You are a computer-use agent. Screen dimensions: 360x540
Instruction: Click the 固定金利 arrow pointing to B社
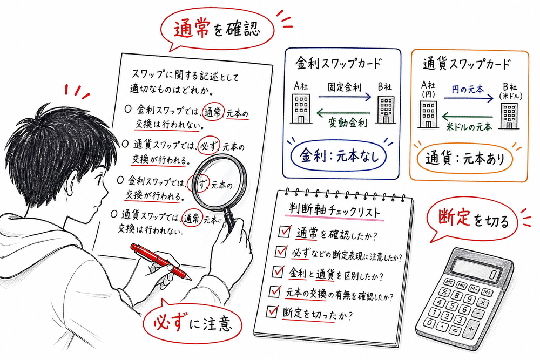[343, 97]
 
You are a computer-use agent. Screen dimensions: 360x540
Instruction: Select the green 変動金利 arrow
[343, 113]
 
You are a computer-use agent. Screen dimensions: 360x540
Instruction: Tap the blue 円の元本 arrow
[468, 98]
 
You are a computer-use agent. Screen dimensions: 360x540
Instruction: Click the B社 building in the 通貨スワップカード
[508, 114]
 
